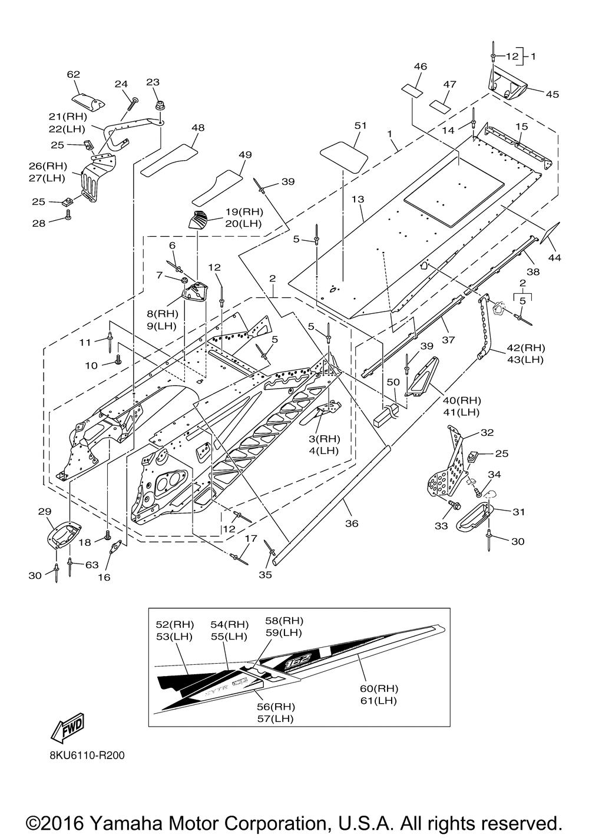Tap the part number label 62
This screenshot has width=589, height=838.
73,75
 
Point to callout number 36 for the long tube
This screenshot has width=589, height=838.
352,523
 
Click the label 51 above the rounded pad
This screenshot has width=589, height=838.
360,125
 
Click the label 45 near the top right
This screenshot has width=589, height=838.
552,94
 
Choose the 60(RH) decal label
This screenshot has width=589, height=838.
378,688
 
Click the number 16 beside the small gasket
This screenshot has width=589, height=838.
104,578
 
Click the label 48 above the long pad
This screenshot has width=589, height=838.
198,127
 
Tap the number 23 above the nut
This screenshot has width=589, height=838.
153,82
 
